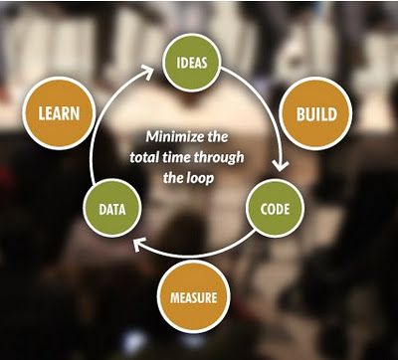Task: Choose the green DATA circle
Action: [110, 211]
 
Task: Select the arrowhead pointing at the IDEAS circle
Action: [157, 68]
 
